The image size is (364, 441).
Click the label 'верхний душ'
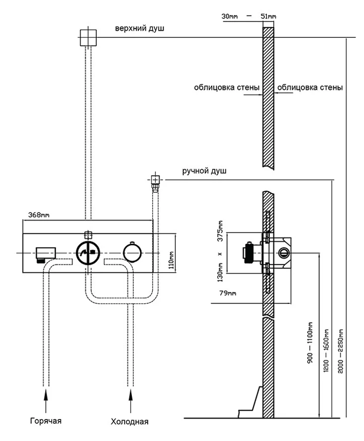tap(139, 28)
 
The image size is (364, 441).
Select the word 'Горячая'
tap(45, 421)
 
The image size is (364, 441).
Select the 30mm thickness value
tap(230, 16)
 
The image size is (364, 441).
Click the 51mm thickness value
tap(268, 16)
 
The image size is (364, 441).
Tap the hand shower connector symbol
tap(155, 180)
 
